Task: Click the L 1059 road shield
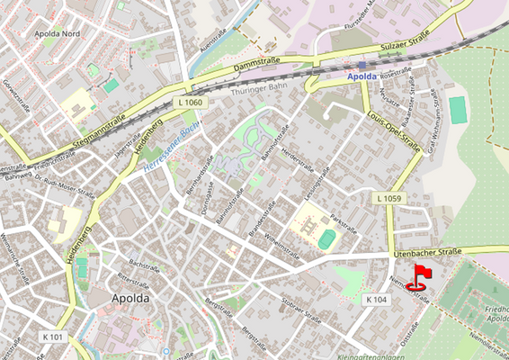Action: tap(389, 198)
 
